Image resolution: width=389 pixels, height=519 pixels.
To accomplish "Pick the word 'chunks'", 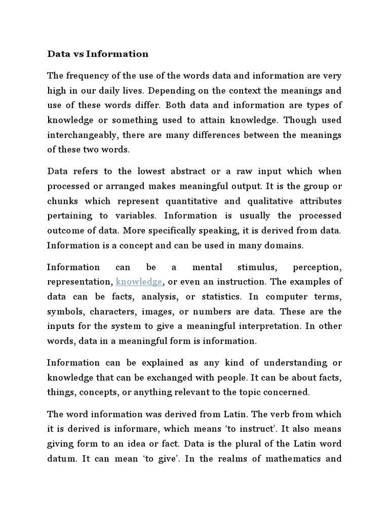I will point(62,201).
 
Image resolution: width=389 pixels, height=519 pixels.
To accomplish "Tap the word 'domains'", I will point(286,245).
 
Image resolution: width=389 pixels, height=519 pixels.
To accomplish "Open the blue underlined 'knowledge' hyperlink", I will point(139,282).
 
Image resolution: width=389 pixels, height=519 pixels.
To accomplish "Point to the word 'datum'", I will point(61,458).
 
